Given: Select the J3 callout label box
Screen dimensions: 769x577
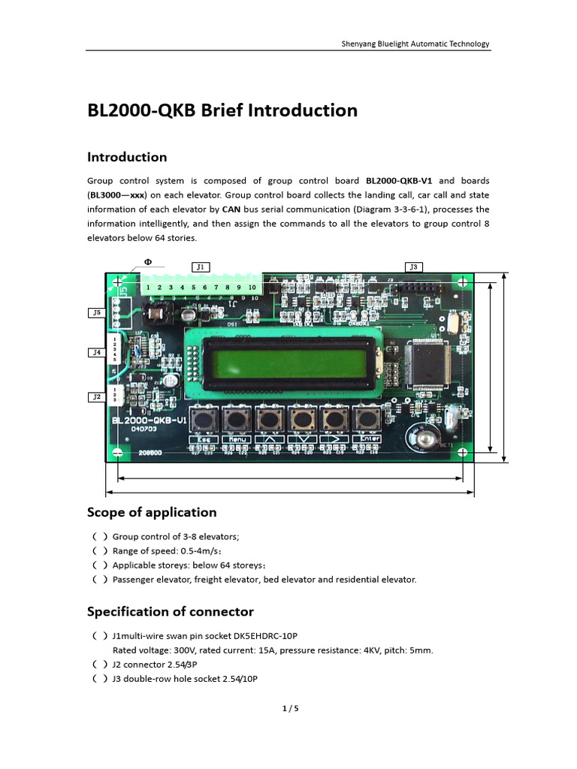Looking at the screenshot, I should point(413,267).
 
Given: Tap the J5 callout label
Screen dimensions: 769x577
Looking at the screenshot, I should point(95,312).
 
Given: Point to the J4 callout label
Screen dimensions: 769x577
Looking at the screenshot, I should point(95,351).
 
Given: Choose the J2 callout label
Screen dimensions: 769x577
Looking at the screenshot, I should point(95,397).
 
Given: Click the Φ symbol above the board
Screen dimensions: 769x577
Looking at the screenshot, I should point(148,262).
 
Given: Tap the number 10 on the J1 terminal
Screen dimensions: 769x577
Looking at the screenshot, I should point(252,288).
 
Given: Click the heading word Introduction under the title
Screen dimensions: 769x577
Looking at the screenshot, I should point(127,157).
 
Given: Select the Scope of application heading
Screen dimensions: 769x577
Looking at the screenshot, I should point(152,512).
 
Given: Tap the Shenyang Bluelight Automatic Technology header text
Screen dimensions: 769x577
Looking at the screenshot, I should point(415,44).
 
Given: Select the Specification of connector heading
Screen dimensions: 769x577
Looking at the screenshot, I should point(171,611).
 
